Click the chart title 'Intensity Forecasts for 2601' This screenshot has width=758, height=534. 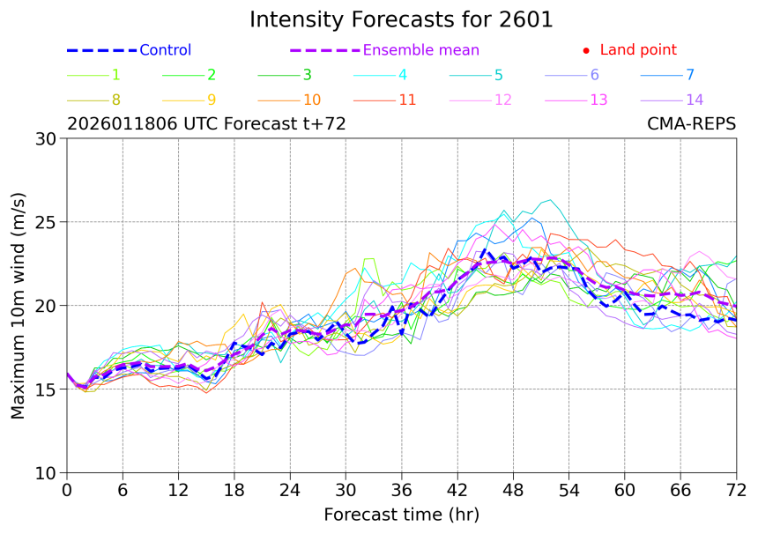401,19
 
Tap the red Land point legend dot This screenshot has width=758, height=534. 586,51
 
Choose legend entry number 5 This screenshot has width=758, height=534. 498,75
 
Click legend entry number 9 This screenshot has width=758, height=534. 212,100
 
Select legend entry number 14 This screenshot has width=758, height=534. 695,100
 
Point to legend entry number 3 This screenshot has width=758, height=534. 307,75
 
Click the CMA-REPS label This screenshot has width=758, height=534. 691,124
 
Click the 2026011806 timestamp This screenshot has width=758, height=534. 123,124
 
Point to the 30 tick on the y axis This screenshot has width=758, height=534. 48,138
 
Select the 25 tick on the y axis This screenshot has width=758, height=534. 48,222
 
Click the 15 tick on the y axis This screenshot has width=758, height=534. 48,389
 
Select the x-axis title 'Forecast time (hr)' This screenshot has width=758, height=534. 401,514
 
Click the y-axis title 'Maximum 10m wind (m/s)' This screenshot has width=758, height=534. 19,305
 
